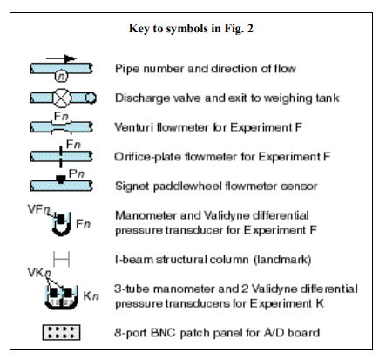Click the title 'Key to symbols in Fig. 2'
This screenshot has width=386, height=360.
191,29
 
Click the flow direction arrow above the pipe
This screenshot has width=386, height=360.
61,58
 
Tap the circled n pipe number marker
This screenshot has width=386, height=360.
61,76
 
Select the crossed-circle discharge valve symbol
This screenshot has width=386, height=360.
62,98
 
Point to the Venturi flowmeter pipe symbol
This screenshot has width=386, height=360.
61,127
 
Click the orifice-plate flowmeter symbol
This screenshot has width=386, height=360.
61,157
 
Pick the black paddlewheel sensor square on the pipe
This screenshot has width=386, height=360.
60,179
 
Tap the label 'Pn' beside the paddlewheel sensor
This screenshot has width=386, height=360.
77,173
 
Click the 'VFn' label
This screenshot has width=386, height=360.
39,209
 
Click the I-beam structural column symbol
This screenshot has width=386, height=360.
61,259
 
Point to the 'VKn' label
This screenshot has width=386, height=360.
39,273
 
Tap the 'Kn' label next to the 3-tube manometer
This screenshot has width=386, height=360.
91,296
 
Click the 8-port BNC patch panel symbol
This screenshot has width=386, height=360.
61,332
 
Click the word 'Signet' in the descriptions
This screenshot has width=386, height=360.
132,186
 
